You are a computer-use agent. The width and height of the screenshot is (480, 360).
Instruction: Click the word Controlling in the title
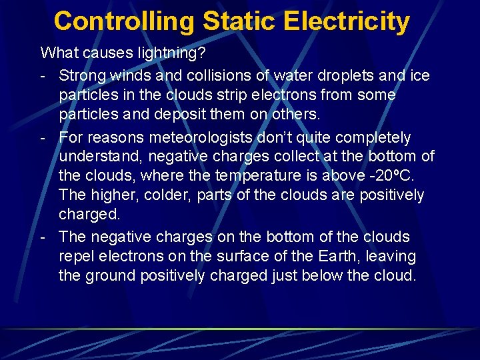[x=124, y=21]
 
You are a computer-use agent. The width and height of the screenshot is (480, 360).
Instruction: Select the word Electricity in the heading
[x=347, y=21]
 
